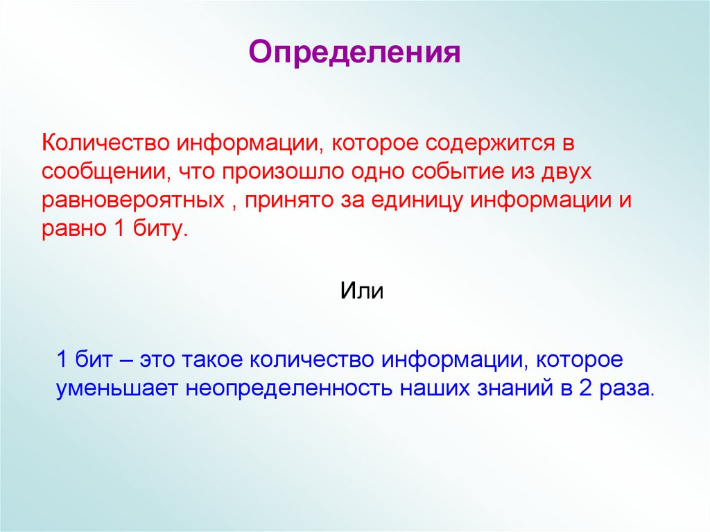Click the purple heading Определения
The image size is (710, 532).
tap(354, 53)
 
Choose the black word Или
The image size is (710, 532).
tap(361, 289)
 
